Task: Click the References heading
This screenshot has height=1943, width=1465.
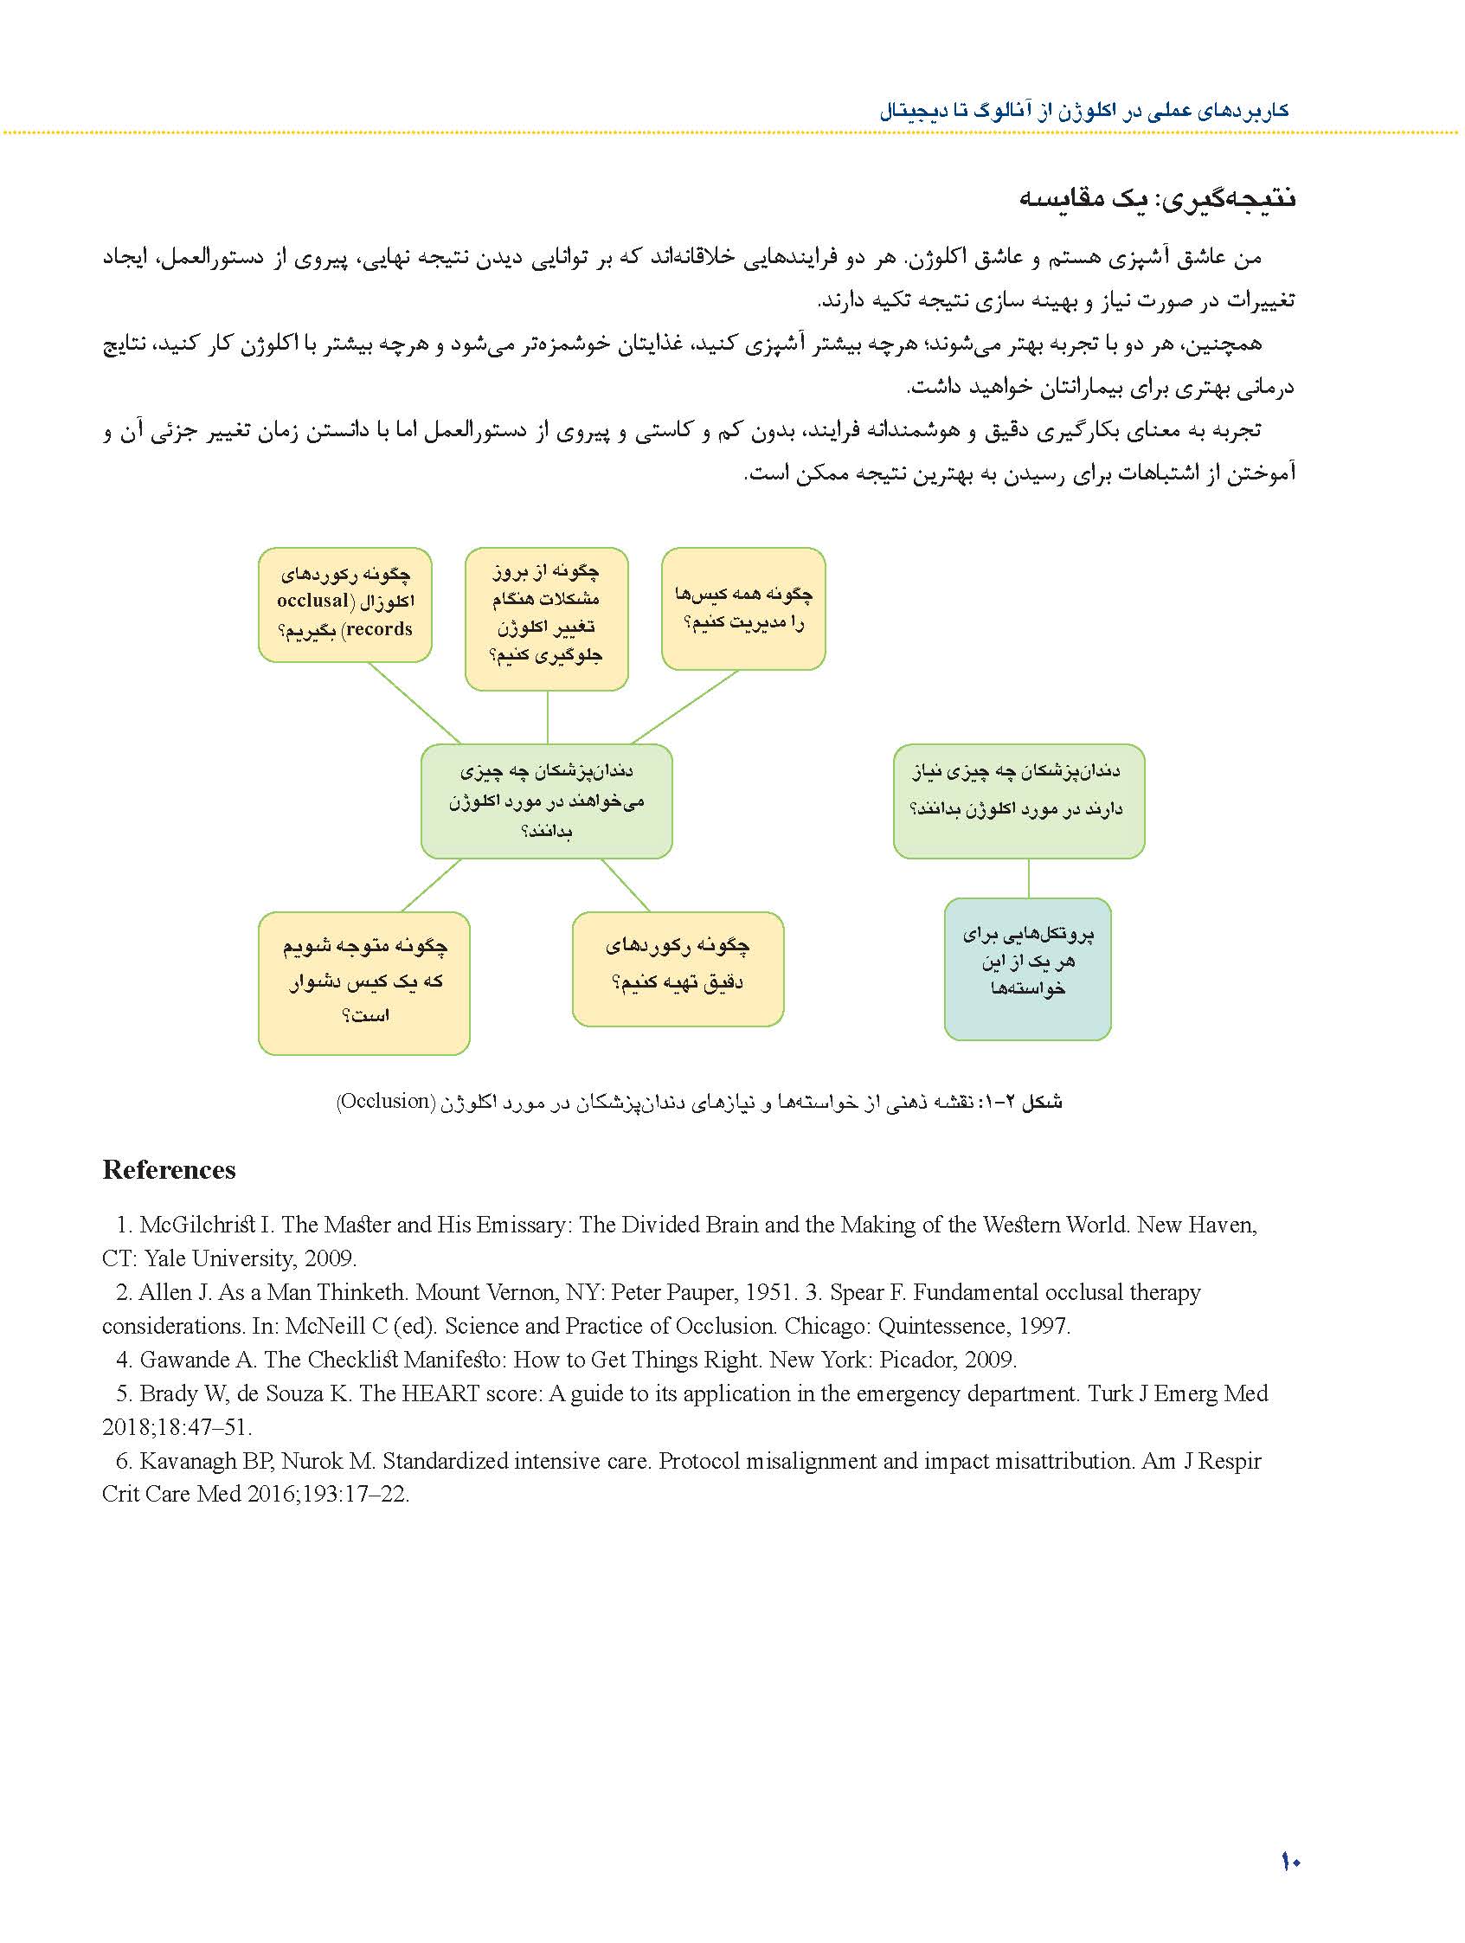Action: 169,1170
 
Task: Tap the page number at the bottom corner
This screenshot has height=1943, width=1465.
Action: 1289,1861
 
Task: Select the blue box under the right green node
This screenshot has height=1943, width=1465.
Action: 1027,968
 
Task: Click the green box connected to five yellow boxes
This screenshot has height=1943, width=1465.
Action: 546,801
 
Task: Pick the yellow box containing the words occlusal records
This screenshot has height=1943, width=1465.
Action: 344,604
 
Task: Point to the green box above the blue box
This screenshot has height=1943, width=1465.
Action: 1018,801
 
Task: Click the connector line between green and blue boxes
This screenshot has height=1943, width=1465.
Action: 1029,878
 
